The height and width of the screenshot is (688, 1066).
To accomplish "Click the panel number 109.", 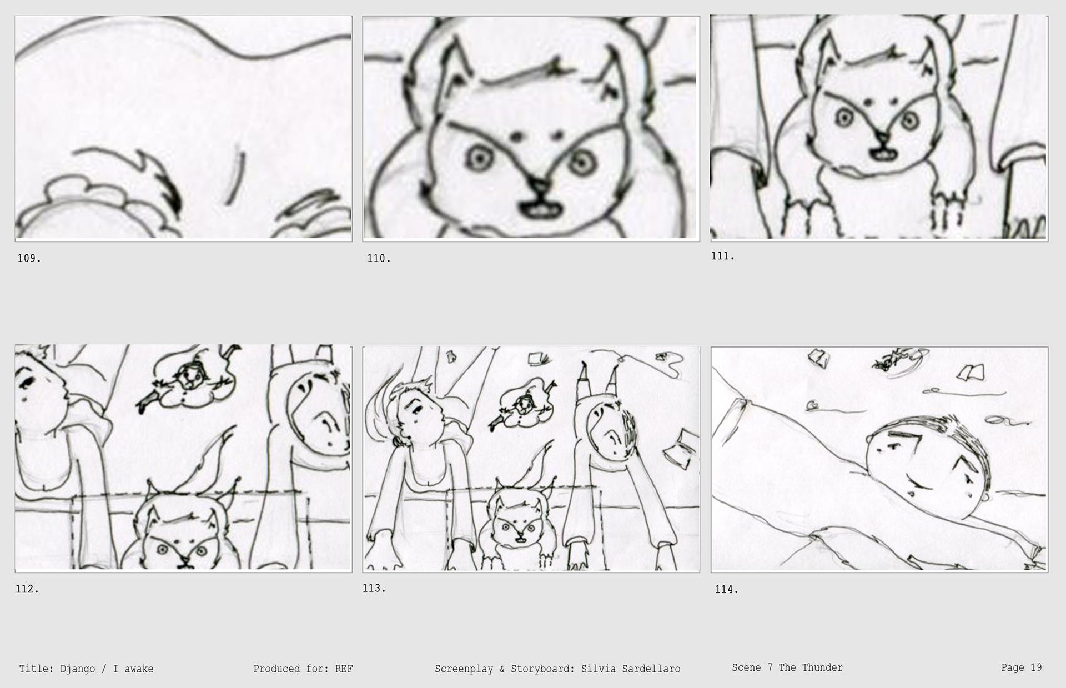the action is [29, 258].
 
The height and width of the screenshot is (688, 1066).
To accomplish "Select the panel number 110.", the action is [379, 258].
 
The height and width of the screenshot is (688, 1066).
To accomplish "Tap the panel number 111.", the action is [723, 256].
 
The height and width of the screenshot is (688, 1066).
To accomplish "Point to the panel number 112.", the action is [27, 589].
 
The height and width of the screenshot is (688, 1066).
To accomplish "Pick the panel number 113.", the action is [374, 588].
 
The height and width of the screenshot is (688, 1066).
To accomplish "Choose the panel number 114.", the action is [727, 590].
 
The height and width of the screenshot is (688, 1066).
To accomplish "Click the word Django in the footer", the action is [78, 669].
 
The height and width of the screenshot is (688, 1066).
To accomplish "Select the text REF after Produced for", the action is [344, 669].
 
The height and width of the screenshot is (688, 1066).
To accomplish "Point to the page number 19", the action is [1036, 667].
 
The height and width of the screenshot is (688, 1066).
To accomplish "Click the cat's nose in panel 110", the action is [537, 187].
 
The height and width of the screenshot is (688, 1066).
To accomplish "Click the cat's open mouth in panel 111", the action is [881, 153].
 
